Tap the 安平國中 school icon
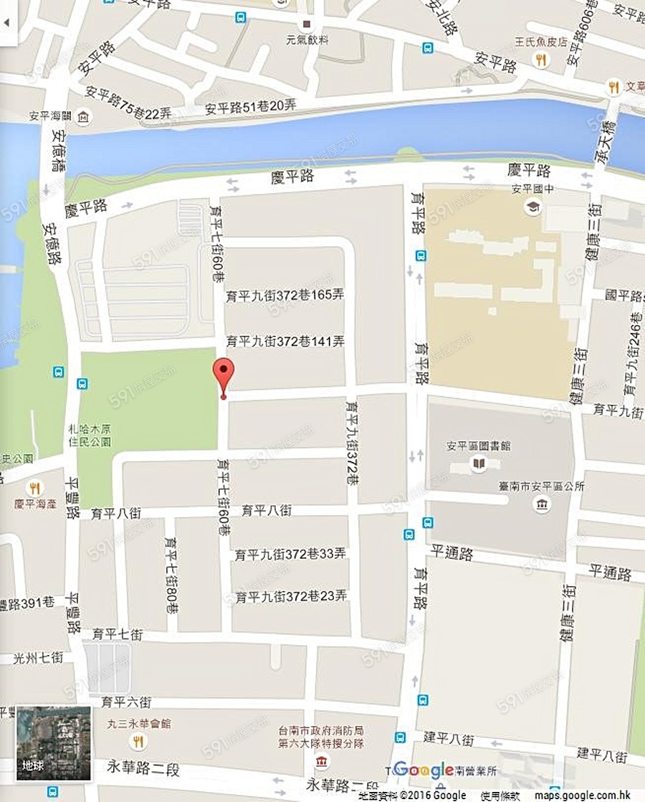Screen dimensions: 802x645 (532, 207)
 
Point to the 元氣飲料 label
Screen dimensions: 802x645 (307, 40)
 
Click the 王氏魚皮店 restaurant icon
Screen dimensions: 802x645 (541, 60)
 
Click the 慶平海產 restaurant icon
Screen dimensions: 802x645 (33, 488)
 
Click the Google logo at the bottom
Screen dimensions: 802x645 (423, 770)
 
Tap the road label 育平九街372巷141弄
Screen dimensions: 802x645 (285, 341)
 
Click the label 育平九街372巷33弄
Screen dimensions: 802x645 (291, 554)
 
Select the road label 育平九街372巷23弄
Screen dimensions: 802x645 (291, 596)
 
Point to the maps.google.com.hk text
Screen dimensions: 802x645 (586, 795)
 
